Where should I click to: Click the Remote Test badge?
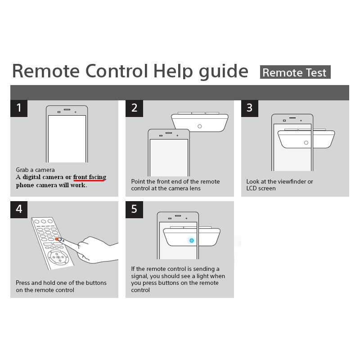pyautogui.click(x=295, y=72)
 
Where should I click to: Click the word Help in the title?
pyautogui.click(x=173, y=72)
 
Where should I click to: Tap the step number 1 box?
pyautogui.click(x=19, y=108)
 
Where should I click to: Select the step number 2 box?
pyautogui.click(x=134, y=108)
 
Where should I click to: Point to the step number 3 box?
pyautogui.click(x=250, y=108)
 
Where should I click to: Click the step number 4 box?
pyautogui.click(x=19, y=210)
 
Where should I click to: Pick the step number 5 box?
pyautogui.click(x=134, y=210)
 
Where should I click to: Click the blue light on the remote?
pyautogui.click(x=192, y=240)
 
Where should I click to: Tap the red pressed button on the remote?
pyautogui.click(x=57, y=239)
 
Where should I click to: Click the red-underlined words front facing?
pyautogui.click(x=90, y=177)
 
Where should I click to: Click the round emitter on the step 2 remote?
pyautogui.click(x=199, y=126)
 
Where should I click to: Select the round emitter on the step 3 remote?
pyautogui.click(x=306, y=143)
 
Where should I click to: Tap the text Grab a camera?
pyautogui.click(x=36, y=170)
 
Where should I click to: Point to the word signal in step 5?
pyautogui.click(x=139, y=276)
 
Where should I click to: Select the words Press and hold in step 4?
pyautogui.click(x=33, y=283)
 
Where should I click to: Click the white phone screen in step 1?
pyautogui.click(x=67, y=139)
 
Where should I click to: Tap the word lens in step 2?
pyautogui.click(x=195, y=188)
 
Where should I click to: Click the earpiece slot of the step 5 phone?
pyautogui.click(x=178, y=216)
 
